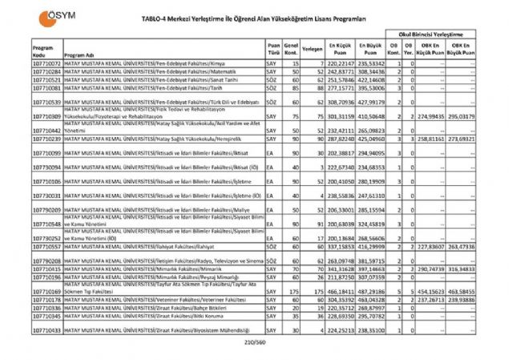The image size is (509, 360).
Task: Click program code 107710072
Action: pos(46,63)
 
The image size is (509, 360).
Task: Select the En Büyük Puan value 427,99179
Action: pos(371,103)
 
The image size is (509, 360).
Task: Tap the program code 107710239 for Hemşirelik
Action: pos(46,139)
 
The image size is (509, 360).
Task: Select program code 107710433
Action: pos(46,330)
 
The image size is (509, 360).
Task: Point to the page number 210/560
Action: pos(254,343)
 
